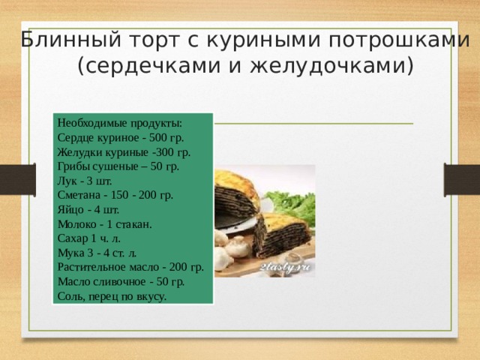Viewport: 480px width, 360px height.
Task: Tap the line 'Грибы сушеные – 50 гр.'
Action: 117,166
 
